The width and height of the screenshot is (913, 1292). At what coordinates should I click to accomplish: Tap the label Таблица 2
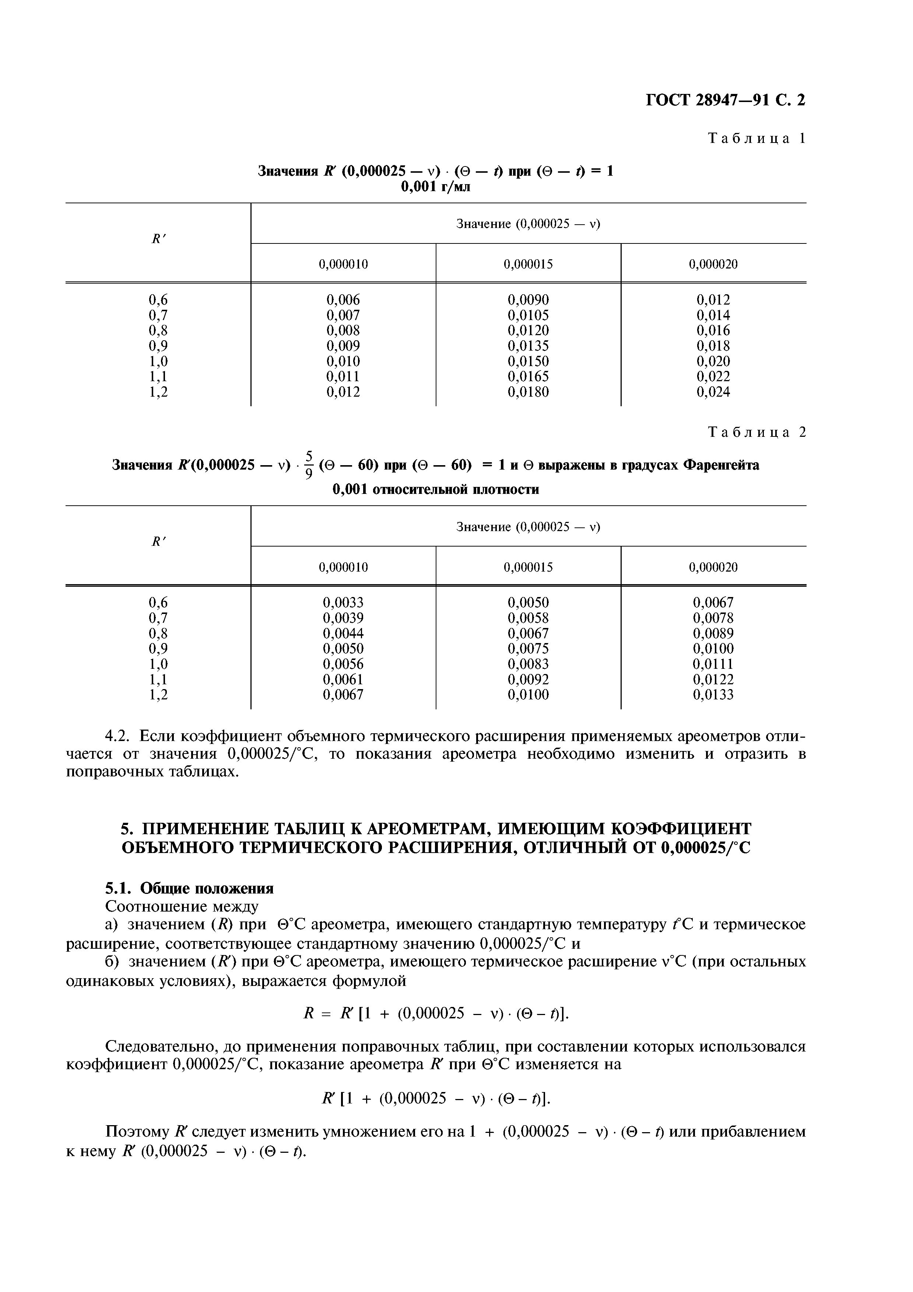pyautogui.click(x=756, y=432)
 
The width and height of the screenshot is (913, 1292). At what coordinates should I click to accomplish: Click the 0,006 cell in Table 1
pyautogui.click(x=343, y=300)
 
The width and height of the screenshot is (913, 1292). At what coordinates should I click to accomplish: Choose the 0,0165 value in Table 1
pyautogui.click(x=528, y=376)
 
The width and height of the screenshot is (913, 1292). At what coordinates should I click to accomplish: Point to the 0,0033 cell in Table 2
pyautogui.click(x=343, y=603)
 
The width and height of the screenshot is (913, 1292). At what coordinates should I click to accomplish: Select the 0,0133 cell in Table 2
pyautogui.click(x=713, y=695)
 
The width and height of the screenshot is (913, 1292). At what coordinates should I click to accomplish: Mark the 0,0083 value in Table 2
pyautogui.click(x=528, y=664)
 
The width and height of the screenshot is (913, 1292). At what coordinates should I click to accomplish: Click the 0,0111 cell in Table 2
pyautogui.click(x=713, y=664)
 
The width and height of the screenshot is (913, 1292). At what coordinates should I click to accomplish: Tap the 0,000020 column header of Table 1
pyautogui.click(x=713, y=264)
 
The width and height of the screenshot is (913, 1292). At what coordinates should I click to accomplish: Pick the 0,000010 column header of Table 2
pyautogui.click(x=343, y=567)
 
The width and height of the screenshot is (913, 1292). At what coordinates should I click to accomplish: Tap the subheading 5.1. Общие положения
pyautogui.click(x=190, y=889)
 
